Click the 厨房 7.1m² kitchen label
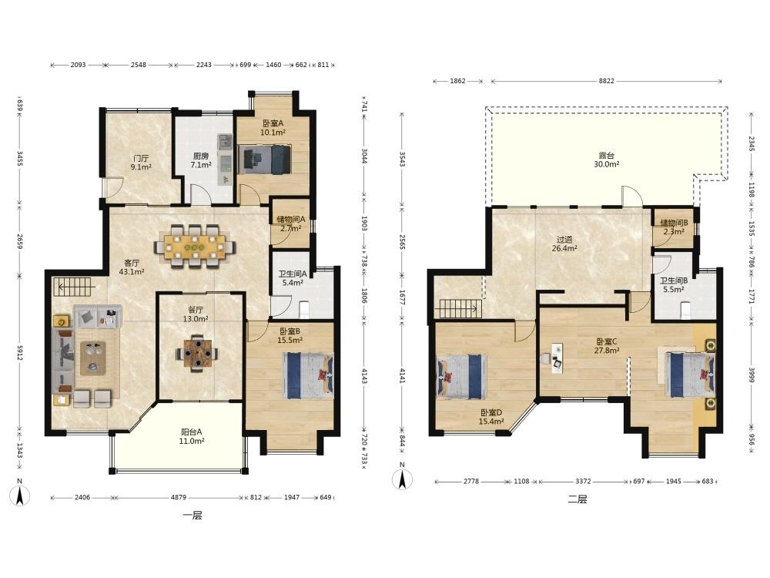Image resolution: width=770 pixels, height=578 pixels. tap(201, 161)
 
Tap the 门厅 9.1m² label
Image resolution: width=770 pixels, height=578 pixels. tap(140, 163)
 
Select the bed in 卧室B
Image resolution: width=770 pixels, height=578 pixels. tap(308, 375)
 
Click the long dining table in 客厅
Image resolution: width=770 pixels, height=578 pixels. tap(195, 246)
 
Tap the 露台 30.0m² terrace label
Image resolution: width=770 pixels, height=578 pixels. tap(607, 160)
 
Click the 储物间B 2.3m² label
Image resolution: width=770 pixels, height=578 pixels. tap(674, 227)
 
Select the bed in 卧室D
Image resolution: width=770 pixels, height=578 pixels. tap(461, 376)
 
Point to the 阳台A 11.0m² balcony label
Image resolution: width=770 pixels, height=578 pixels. tap(192, 436)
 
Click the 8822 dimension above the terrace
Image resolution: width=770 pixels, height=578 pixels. tap(606, 81)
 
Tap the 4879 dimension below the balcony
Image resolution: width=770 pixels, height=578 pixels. tap(179, 497)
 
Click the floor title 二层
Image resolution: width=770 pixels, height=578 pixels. tap(577, 499)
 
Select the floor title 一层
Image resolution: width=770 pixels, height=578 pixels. tap(192, 516)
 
